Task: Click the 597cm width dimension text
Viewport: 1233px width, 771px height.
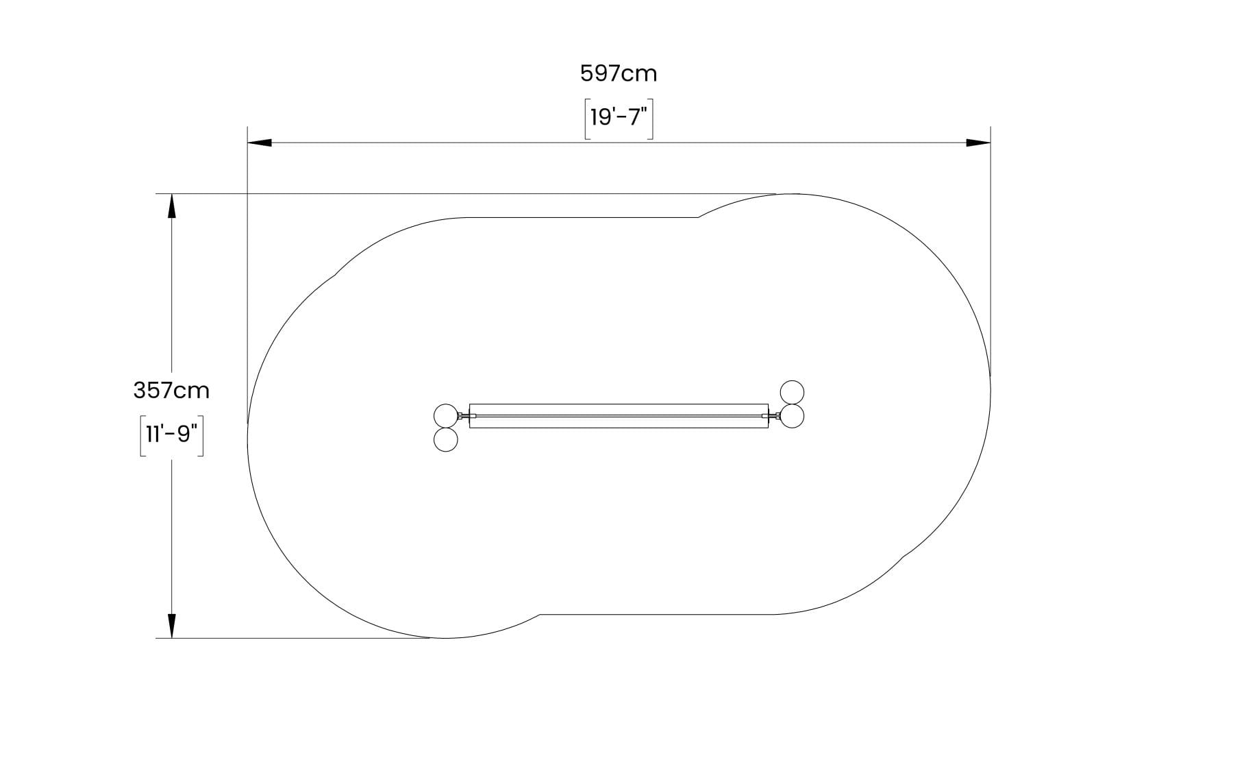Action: coord(619,73)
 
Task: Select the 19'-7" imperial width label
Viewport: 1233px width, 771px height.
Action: coord(619,118)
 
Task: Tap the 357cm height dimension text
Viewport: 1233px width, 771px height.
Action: coord(171,391)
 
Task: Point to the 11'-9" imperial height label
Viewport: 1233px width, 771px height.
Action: coord(171,435)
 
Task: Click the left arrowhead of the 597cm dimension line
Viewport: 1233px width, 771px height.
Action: coord(260,143)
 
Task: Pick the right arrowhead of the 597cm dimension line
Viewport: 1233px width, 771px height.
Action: coord(978,143)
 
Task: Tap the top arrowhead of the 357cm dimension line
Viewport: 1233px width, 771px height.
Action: coord(171,206)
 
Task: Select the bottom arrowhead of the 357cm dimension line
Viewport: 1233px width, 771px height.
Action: coord(171,626)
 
